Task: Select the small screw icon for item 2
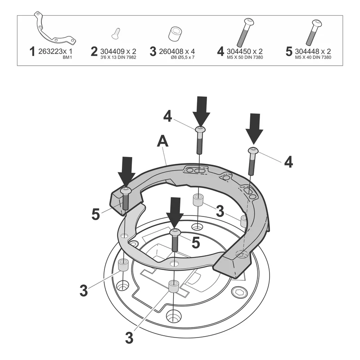click(116, 33)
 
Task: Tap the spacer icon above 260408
click(175, 34)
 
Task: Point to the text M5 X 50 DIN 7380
click(245, 58)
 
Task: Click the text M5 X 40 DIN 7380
click(313, 58)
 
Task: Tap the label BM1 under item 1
click(67, 58)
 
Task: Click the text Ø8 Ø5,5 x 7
click(183, 58)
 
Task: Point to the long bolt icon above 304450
click(245, 32)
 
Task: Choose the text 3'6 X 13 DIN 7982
click(118, 58)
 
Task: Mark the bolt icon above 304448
click(314, 32)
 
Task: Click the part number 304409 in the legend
click(112, 51)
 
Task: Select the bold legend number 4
click(220, 51)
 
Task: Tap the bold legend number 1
click(32, 51)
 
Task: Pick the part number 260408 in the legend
click(171, 51)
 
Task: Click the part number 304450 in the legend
click(239, 51)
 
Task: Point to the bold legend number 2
click(94, 51)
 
